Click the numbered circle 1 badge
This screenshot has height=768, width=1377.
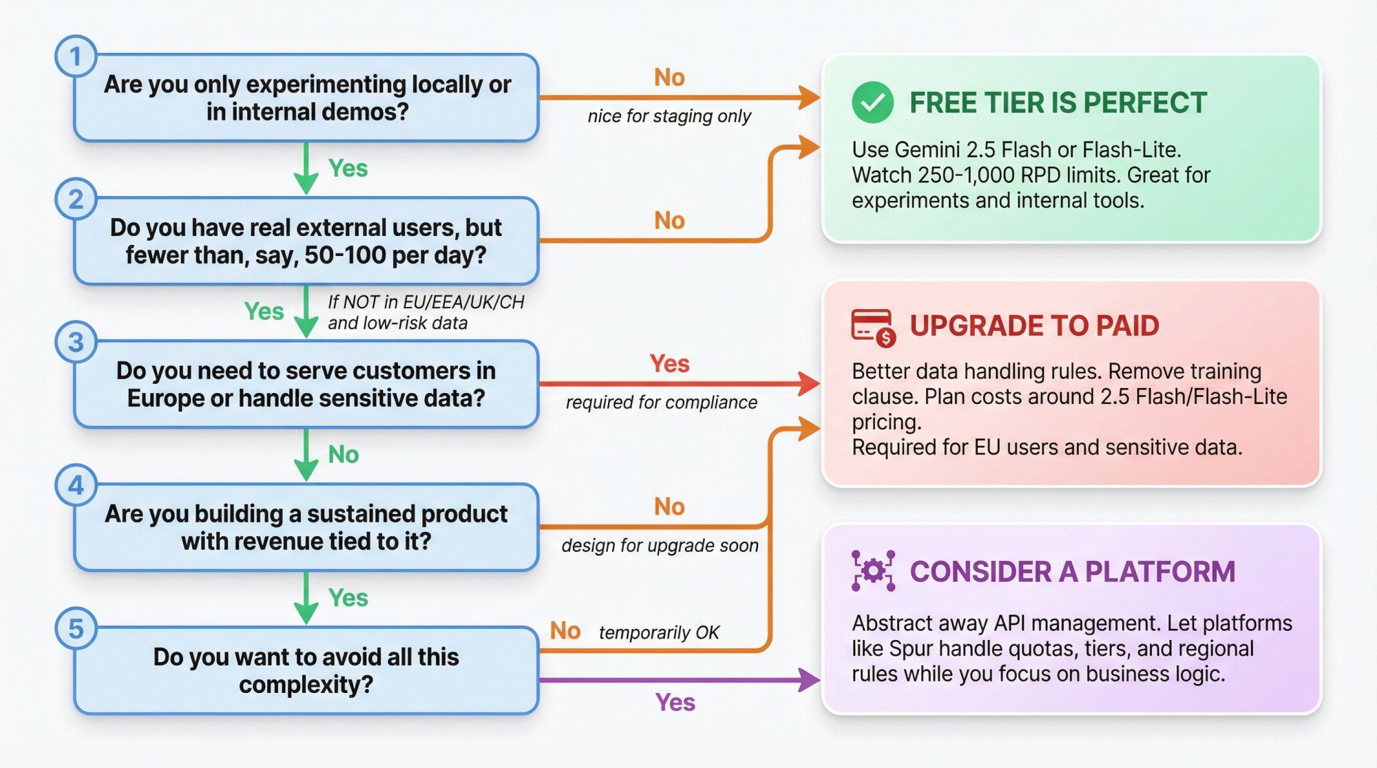(76, 56)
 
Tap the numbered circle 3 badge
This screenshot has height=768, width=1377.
(76, 342)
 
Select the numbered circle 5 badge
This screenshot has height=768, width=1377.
(76, 628)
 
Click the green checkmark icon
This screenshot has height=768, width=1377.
(872, 103)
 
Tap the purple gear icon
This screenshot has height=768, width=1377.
(873, 571)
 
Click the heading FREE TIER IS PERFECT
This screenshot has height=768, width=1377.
(1058, 103)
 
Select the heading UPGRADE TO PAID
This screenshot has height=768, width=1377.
(1034, 326)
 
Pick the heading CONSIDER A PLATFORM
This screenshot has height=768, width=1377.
(1072, 572)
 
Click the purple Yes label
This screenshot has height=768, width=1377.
(675, 703)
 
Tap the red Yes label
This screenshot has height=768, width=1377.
(669, 363)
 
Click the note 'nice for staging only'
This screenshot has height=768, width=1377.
(669, 116)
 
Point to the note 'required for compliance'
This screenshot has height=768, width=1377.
(661, 403)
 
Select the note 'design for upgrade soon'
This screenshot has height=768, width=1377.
(660, 546)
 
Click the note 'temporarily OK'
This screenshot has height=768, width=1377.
(658, 632)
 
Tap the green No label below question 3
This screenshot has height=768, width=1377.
(343, 454)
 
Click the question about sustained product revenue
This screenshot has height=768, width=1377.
(306, 527)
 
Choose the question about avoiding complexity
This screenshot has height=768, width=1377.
(306, 670)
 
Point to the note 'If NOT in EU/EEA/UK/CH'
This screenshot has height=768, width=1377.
(425, 303)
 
